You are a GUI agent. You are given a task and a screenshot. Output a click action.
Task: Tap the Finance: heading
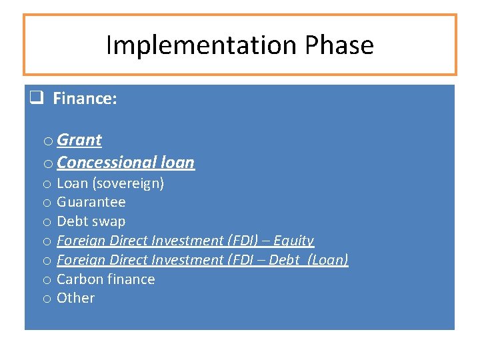coord(85,99)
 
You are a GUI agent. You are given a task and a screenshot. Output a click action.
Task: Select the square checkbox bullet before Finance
coord(36,99)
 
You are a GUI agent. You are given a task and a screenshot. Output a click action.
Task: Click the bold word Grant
coord(79,140)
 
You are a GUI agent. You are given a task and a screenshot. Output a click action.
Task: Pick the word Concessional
coord(107,163)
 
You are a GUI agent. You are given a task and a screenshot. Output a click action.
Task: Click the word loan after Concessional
coord(177,163)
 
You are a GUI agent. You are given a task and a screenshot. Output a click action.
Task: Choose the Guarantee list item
coord(91,202)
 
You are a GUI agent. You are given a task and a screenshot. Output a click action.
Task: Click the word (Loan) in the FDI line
coord(327,260)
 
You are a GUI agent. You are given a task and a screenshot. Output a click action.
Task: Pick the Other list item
coord(75,298)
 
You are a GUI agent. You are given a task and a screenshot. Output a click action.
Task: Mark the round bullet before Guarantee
coord(47,203)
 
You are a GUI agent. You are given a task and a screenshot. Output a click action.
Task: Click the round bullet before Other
coord(47,299)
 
